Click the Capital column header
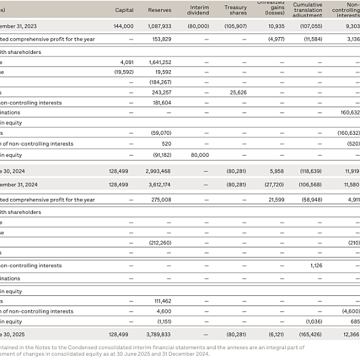tap(124, 10)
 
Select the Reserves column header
tap(159, 10)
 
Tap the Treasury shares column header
tap(235, 10)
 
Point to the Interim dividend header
tap(198, 10)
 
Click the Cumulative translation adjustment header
tap(308, 10)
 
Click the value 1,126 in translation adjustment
tap(316, 265)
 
